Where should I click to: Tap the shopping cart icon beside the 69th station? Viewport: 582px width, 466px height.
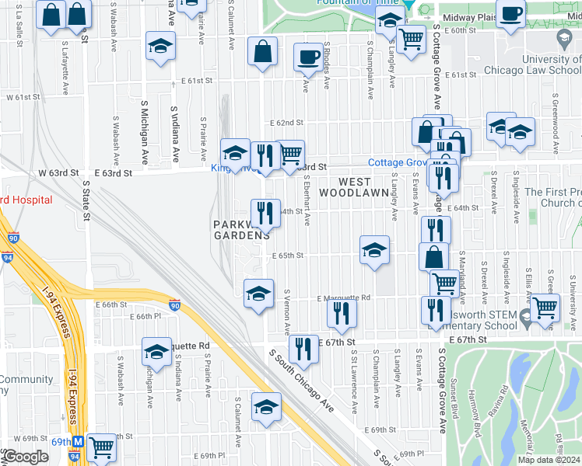pos(101,447)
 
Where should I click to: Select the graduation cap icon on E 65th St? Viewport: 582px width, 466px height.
pos(374,250)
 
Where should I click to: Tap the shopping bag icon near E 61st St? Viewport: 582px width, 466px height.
pos(263,51)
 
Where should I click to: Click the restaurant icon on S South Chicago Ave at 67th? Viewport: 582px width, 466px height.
pos(303,349)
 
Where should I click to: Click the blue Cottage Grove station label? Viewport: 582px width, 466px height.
pos(398,163)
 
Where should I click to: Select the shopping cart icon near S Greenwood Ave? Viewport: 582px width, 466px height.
pos(545,307)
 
